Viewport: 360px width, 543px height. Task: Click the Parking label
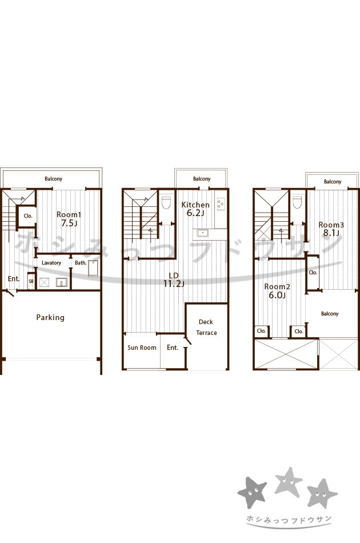coord(50,318)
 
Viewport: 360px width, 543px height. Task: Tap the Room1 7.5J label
coord(69,219)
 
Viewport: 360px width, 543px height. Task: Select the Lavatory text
coord(51,263)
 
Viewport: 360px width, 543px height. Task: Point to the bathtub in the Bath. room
coord(93,269)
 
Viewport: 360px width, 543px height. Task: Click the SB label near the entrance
coord(31,282)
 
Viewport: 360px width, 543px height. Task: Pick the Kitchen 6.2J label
coord(195,209)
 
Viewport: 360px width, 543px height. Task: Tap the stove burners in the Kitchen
coord(221,203)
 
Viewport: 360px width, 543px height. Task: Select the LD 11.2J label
coord(174,280)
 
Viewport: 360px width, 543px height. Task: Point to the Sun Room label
coord(142,348)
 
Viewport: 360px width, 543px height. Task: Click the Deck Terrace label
coord(206,328)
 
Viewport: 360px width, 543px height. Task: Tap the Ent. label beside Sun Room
coord(173,348)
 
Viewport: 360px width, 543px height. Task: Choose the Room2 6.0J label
coord(277,291)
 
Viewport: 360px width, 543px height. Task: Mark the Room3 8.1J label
coord(331,229)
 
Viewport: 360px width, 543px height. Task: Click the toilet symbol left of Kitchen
coord(166,203)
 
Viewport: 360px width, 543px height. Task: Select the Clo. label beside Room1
coord(28,215)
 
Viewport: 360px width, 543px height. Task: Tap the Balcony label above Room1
coord(53,179)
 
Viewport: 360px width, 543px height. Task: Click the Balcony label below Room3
coord(330,314)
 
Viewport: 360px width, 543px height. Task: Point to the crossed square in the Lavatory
coord(44,282)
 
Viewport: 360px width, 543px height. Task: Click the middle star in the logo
coord(288,481)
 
